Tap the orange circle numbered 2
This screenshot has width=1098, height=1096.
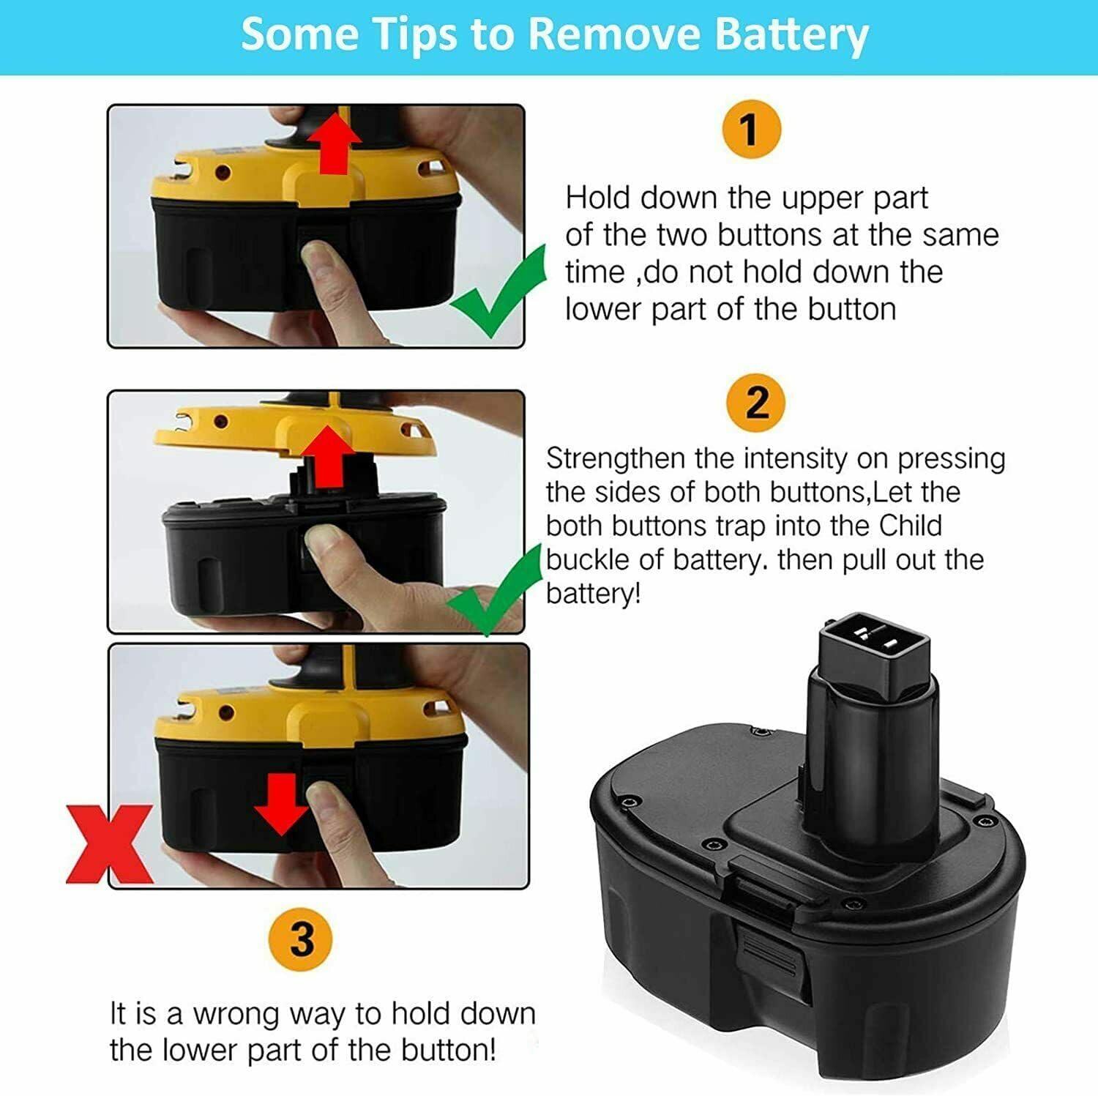click(x=756, y=403)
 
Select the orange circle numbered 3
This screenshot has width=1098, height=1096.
click(x=300, y=939)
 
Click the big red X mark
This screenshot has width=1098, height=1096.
click(x=109, y=844)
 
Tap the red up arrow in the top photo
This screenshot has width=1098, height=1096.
click(x=334, y=143)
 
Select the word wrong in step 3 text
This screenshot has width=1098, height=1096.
click(x=237, y=1014)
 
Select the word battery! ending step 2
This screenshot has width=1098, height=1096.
click(x=593, y=593)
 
